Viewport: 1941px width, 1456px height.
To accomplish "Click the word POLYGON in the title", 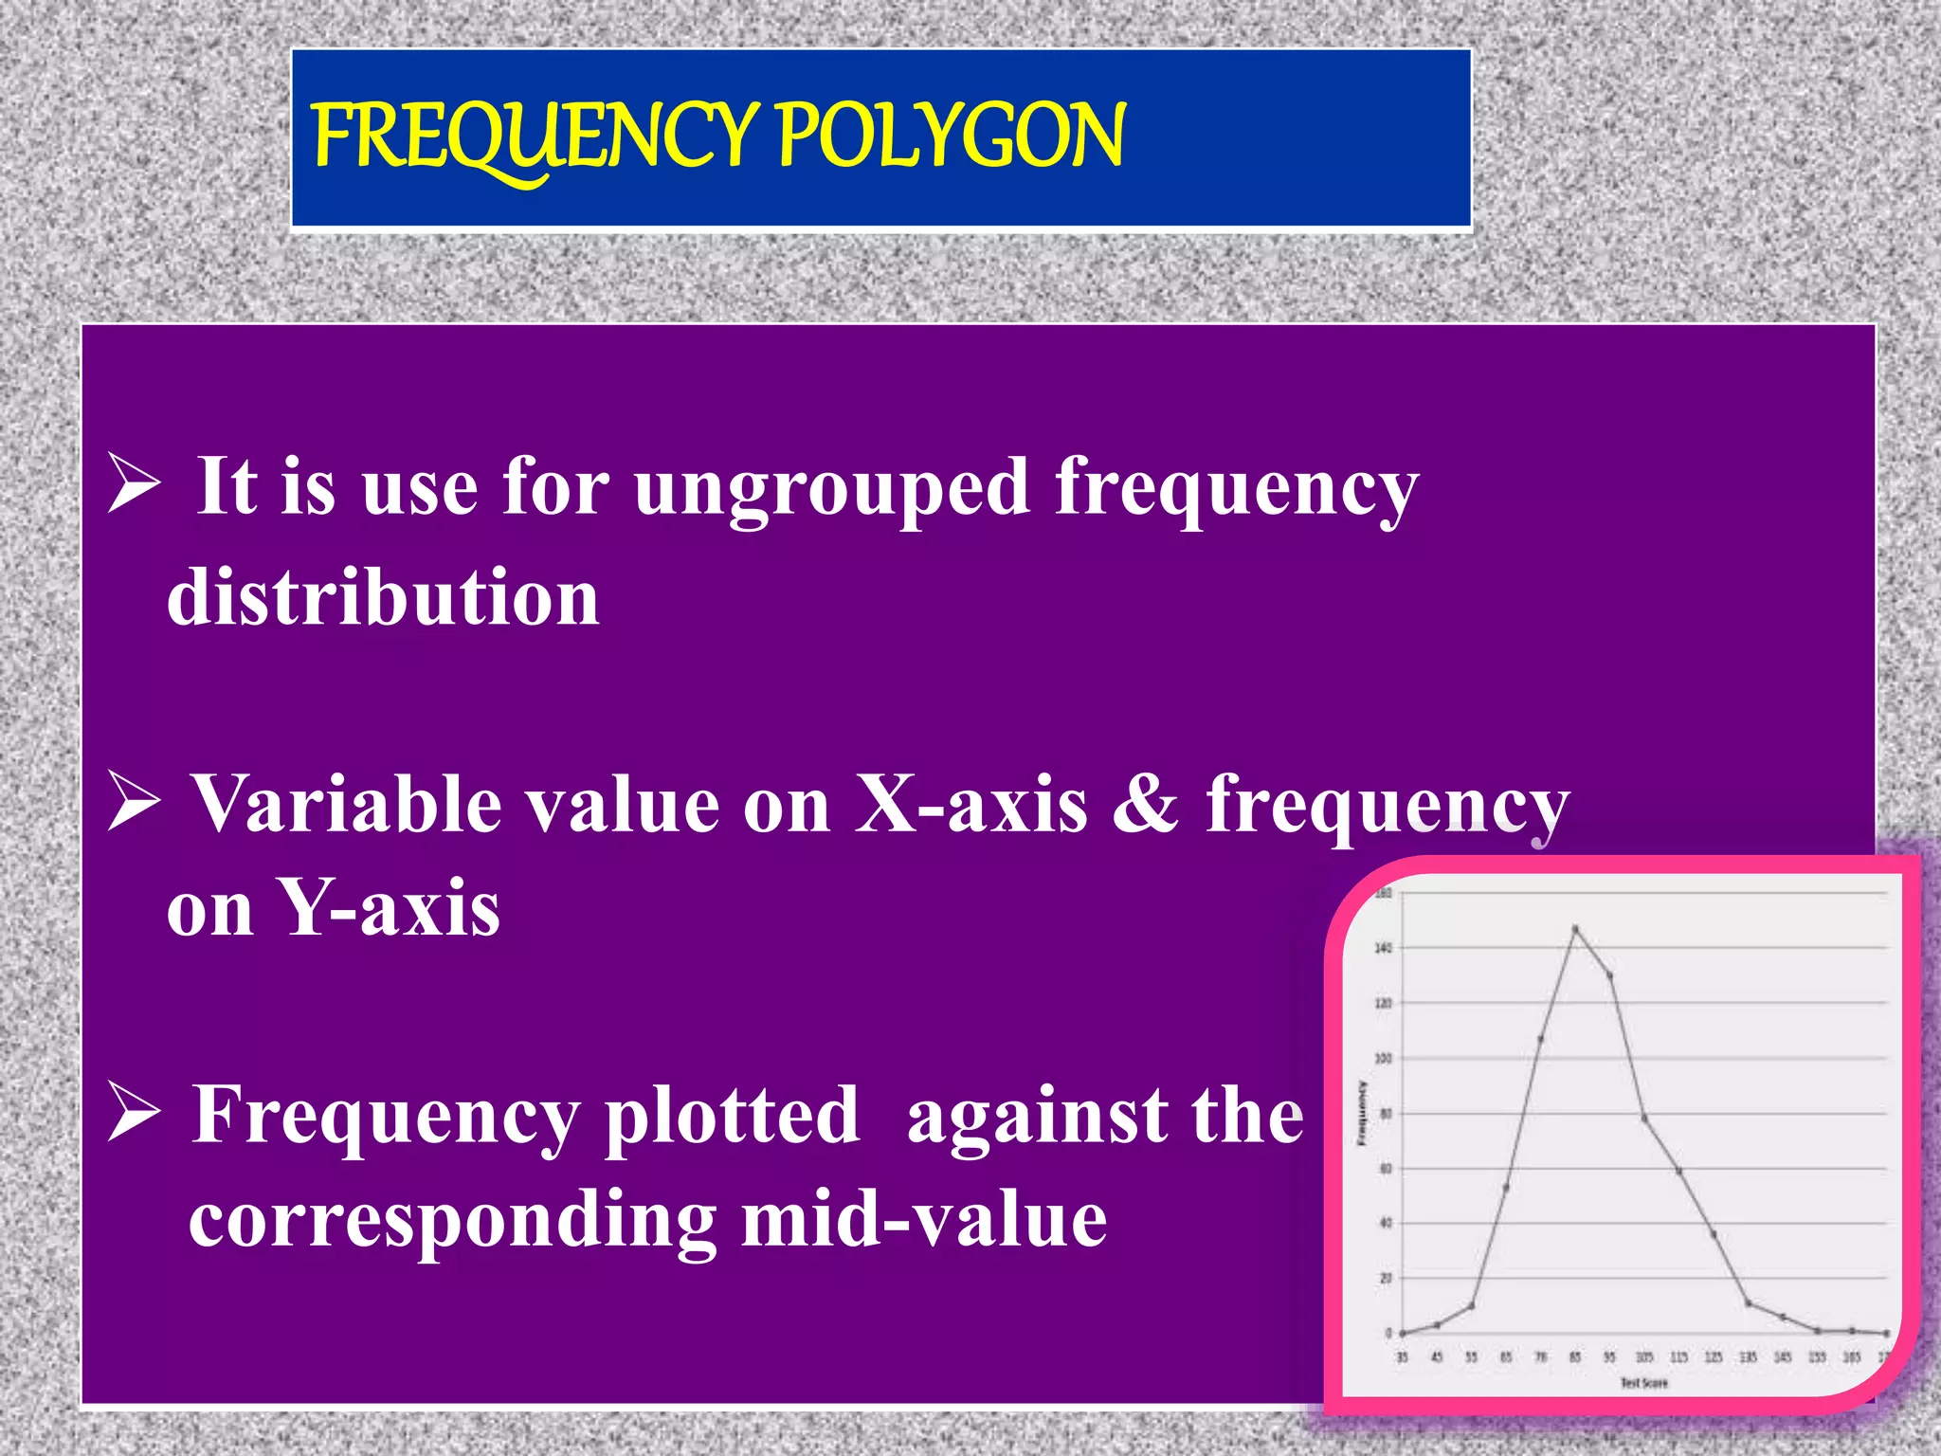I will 951,137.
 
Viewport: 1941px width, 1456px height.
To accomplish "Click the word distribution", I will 383,597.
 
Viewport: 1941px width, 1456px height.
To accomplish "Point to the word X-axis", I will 970,804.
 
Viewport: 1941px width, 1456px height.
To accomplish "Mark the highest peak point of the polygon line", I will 1575,928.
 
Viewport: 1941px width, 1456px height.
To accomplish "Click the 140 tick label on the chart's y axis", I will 1383,948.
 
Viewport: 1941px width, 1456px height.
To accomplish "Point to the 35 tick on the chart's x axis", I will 1403,1357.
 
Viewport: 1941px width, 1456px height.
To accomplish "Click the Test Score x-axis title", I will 1643,1383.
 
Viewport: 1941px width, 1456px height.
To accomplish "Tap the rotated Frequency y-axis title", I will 1362,1113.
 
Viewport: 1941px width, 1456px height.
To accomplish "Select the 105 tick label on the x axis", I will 1644,1357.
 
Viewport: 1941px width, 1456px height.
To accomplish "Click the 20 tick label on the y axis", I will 1386,1279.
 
